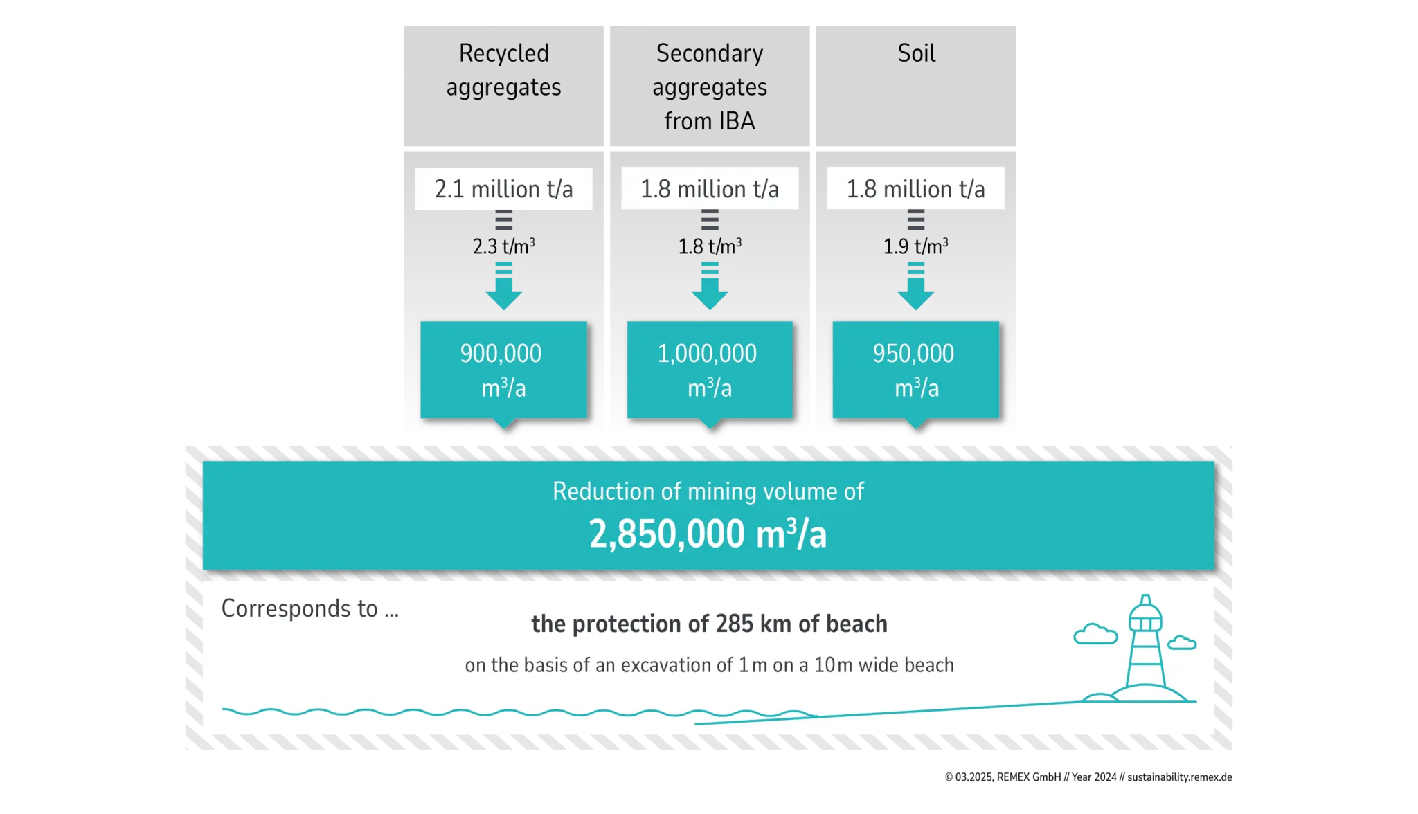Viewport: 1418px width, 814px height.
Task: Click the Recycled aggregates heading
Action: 503,70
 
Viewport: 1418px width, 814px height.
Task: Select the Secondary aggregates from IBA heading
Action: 709,87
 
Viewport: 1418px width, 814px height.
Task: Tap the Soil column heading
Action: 916,53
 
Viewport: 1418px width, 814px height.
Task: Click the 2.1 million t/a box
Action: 503,188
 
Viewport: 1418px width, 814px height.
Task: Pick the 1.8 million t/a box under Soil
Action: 915,188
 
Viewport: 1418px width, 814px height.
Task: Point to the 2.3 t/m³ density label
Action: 503,246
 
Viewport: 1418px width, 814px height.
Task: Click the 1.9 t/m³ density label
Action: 915,246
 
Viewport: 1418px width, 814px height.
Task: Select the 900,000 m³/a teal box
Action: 503,370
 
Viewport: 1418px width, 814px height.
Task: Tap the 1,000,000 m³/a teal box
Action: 709,370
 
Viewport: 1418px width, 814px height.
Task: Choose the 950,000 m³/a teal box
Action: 915,370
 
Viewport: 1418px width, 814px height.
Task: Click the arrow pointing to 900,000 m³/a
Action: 503,287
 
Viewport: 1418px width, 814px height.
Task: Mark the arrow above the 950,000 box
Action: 915,287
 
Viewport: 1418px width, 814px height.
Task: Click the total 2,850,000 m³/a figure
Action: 708,534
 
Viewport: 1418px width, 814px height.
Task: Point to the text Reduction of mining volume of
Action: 708,491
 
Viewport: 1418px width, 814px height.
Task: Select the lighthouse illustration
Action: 1145,654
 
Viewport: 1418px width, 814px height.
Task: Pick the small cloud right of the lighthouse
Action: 1182,642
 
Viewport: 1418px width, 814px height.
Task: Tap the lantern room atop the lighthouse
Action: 1145,616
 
